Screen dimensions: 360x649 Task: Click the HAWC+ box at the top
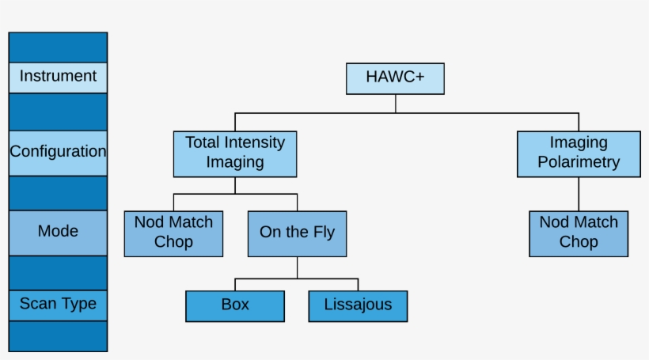[395, 78]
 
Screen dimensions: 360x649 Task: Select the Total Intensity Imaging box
[235, 153]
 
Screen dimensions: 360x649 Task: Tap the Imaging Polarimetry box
[579, 153]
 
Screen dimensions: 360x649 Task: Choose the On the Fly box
[297, 233]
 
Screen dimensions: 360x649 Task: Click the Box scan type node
[235, 305]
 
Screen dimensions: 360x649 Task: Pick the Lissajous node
[358, 305]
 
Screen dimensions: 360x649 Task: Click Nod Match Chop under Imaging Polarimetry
[579, 233]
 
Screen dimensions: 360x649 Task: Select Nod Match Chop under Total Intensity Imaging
[173, 233]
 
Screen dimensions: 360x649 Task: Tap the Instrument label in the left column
[58, 77]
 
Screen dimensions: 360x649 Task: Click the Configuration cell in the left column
[58, 152]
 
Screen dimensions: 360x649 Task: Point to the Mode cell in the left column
[58, 232]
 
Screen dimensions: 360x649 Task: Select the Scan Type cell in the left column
[58, 305]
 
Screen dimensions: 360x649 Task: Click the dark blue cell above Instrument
[58, 47]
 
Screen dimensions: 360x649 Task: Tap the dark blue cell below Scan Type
[58, 335]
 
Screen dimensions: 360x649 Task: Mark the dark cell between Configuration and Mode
[58, 192]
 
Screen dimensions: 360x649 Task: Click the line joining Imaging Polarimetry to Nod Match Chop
[579, 194]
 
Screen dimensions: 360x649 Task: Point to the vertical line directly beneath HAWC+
[395, 104]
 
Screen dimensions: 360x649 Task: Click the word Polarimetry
[579, 163]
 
